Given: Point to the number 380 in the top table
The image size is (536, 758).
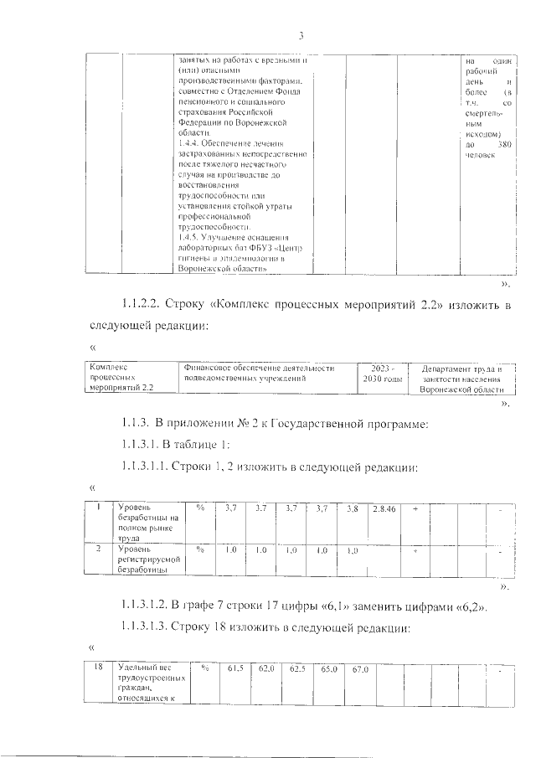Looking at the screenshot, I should [502, 146].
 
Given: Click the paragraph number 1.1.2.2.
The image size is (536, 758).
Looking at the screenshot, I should [139, 302].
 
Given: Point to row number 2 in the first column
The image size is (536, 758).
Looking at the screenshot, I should [99, 549].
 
